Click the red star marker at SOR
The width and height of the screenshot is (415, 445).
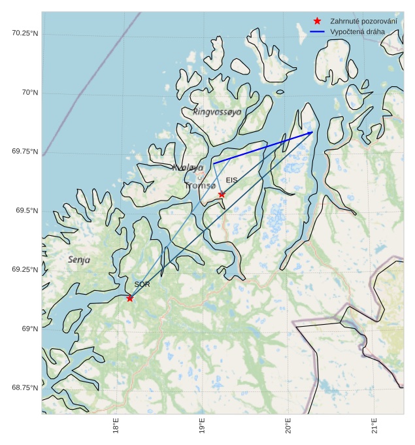pyautogui.click(x=129, y=298)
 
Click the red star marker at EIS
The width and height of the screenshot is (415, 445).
pyautogui.click(x=222, y=194)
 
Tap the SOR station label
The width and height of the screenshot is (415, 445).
pyautogui.click(x=142, y=284)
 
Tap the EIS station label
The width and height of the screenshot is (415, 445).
pyautogui.click(x=232, y=180)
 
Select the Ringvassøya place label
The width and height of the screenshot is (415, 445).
pyautogui.click(x=217, y=112)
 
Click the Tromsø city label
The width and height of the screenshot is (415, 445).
pyautogui.click(x=200, y=186)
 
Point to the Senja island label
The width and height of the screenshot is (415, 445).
pyautogui.click(x=79, y=260)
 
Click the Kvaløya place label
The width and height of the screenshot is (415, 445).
pyautogui.click(x=188, y=168)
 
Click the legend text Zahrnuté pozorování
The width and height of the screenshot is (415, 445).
pyautogui.click(x=363, y=22)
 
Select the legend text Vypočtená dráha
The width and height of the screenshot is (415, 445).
pyautogui.click(x=357, y=31)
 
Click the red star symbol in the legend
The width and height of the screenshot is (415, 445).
pyautogui.click(x=318, y=22)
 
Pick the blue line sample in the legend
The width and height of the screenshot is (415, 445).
pyautogui.click(x=318, y=31)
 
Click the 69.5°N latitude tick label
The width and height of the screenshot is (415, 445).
pyautogui.click(x=25, y=211)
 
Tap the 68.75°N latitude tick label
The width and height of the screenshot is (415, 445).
pyautogui.click(x=24, y=387)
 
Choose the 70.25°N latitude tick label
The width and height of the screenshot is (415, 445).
pyautogui.click(x=24, y=33)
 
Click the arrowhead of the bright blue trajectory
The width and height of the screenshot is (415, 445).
pyautogui.click(x=311, y=133)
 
